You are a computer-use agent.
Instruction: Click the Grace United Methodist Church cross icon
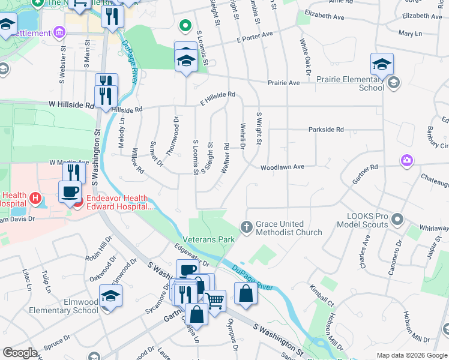pyautogui.click(x=246, y=226)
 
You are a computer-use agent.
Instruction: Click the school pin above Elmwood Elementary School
pyautogui.click(x=111, y=297)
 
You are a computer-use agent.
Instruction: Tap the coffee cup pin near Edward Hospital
pyautogui.click(x=70, y=192)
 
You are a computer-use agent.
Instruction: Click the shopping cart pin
pyautogui.click(x=215, y=301)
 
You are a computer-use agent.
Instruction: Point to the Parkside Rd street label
pyautogui.click(x=326, y=129)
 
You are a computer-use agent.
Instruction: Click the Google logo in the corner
pyautogui.click(x=20, y=353)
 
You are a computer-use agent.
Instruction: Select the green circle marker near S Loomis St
pyautogui.click(x=186, y=25)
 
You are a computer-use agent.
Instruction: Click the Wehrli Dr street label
pyautogui.click(x=243, y=134)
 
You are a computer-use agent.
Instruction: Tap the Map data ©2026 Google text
pyautogui.click(x=411, y=355)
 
